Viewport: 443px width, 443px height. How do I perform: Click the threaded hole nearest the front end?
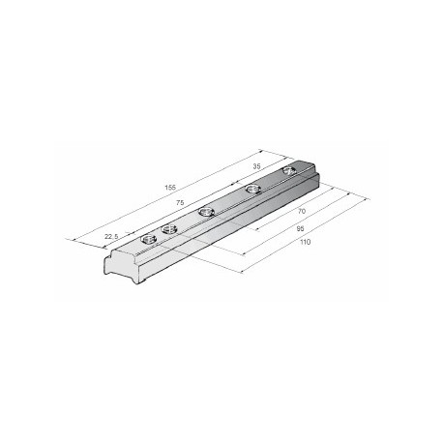[148, 237]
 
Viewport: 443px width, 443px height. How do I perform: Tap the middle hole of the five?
[206, 210]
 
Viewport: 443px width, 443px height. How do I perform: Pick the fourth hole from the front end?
[253, 189]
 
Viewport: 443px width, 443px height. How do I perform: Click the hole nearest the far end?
[289, 172]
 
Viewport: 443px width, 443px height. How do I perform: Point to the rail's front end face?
[119, 267]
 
